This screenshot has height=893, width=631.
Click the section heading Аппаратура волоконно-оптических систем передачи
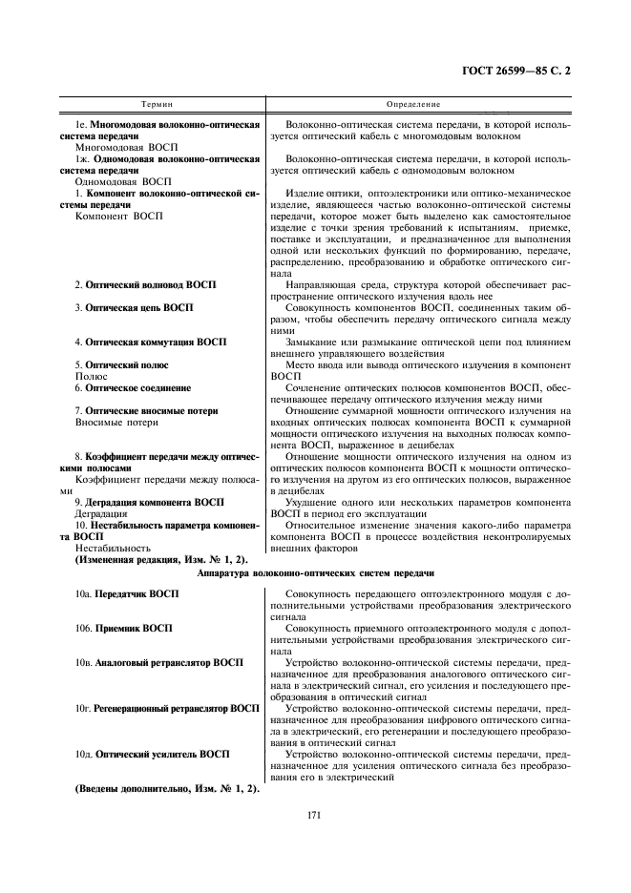coord(315,572)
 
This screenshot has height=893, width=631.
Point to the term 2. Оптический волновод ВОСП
coord(145,284)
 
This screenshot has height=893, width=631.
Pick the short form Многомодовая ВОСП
coord(122,149)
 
